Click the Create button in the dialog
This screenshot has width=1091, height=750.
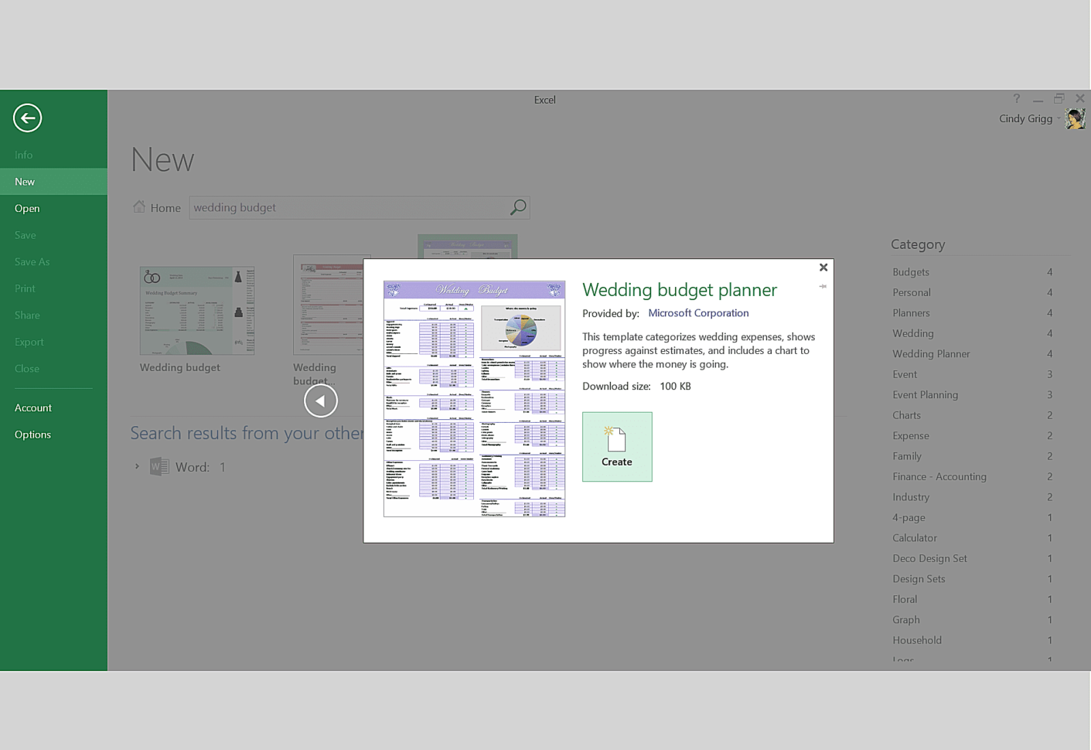(x=616, y=446)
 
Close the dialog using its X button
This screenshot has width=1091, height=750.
(x=823, y=268)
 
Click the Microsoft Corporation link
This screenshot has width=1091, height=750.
(x=697, y=313)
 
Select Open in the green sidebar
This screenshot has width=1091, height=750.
(x=27, y=209)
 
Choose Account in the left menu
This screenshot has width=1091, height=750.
(x=33, y=408)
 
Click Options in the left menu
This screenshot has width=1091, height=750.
(x=32, y=435)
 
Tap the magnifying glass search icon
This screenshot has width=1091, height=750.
(x=517, y=207)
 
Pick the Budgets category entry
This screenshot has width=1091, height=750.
(x=911, y=272)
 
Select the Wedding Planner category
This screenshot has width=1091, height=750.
(x=931, y=354)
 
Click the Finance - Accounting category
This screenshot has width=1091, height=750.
(x=939, y=477)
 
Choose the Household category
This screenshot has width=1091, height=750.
(x=917, y=640)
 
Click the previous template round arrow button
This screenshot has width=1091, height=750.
(x=320, y=401)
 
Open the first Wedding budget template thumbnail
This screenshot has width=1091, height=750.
(x=196, y=311)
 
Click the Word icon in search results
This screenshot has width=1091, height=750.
(x=159, y=467)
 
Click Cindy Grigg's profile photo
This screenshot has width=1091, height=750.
(x=1074, y=118)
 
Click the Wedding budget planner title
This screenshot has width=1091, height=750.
(x=679, y=290)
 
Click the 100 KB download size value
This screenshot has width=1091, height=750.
(x=675, y=387)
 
